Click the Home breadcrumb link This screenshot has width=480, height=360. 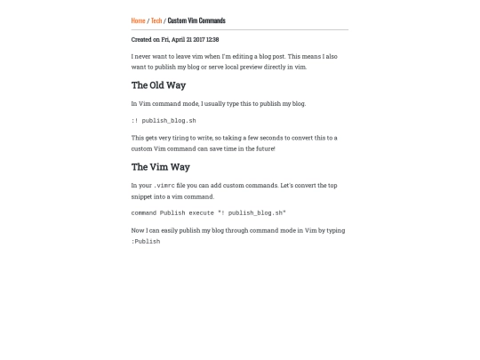(x=138, y=20)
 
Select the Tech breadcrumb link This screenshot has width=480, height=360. (x=156, y=20)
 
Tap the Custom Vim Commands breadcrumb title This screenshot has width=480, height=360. (x=196, y=20)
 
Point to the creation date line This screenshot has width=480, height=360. (x=175, y=39)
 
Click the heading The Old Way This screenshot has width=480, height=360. (x=158, y=85)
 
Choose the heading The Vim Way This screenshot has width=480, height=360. (x=161, y=167)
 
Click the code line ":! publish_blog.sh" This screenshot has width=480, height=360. (x=164, y=121)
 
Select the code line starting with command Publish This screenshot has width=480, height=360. (x=209, y=213)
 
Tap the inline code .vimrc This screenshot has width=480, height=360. (x=164, y=186)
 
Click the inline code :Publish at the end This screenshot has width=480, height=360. (x=146, y=242)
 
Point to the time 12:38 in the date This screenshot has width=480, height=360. (x=212, y=39)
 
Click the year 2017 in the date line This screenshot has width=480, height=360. (x=197, y=39)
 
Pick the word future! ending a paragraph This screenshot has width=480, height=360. (x=265, y=148)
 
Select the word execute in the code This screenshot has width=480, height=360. (x=201, y=213)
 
